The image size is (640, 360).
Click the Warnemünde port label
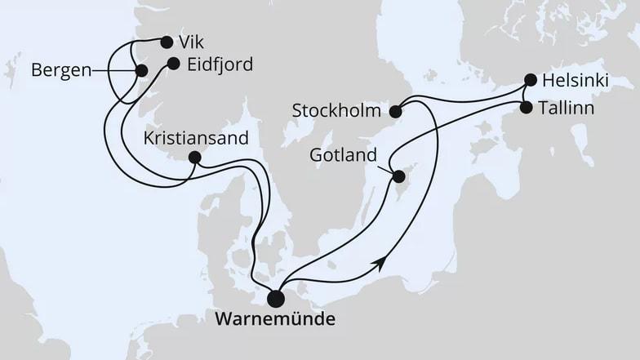tap(274, 319)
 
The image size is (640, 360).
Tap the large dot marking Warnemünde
tap(277, 299)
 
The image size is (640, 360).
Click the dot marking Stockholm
tap(396, 112)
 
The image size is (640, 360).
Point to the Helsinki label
tap(576, 81)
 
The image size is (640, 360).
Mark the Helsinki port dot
tap(531, 80)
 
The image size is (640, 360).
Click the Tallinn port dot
tap(526, 108)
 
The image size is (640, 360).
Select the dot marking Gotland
tap(399, 176)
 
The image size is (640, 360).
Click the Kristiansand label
tap(196, 137)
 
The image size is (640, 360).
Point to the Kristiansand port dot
tap(194, 158)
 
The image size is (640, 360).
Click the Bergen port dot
tap(141, 71)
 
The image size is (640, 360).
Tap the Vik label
tap(193, 42)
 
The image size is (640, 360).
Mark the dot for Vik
tap(167, 42)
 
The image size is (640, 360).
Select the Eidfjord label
tap(220, 63)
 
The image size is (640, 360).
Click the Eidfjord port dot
tap(173, 63)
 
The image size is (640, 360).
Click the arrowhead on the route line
tap(379, 260)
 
